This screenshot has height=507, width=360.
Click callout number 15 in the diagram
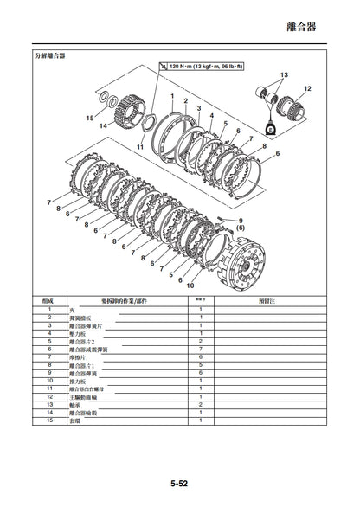pos(89,118)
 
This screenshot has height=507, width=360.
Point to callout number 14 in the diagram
pos(102,125)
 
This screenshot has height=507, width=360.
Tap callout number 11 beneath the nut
pos(139,148)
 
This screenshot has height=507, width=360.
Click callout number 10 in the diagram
pos(190,285)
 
